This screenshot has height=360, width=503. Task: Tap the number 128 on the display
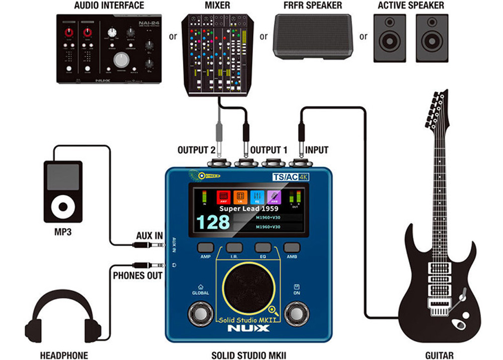[212, 222]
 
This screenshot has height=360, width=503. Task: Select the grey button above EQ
[263, 247]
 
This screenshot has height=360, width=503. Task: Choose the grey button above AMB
[292, 247]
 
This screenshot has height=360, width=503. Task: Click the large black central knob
[247, 287]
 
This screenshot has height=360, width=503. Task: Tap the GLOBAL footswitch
[200, 313]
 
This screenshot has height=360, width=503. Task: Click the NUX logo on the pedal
[248, 329]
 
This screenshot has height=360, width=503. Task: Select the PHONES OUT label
[137, 276]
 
